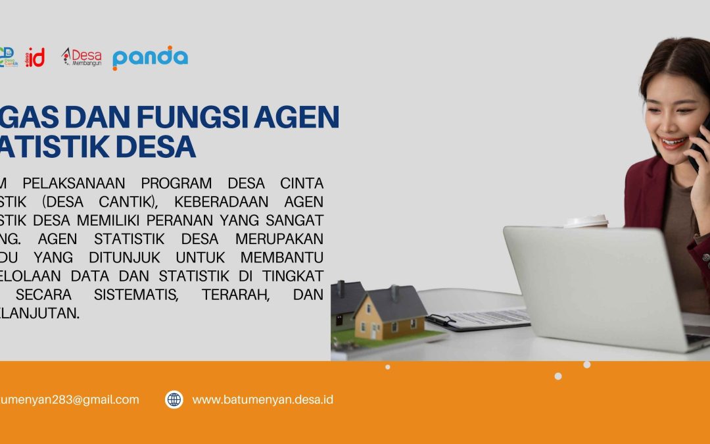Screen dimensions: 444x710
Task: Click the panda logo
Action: coord(150,58)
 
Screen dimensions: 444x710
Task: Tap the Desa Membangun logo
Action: coord(82,58)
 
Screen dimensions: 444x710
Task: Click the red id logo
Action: coord(35,58)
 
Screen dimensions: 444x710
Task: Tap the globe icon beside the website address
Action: coord(174,399)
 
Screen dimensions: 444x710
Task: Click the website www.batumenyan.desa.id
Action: coord(262,399)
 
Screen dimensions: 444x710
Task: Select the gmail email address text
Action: coord(69,399)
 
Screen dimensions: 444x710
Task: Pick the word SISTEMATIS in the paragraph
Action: coord(135,294)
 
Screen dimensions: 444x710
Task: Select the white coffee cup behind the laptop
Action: coord(586,221)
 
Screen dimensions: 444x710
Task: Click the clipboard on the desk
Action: coord(480,319)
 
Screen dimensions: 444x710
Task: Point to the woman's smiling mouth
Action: coord(673,141)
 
